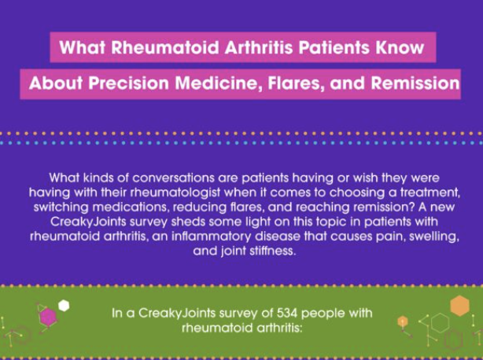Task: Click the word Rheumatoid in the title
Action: coord(165,47)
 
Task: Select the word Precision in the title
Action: coord(129,83)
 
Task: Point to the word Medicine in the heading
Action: coord(217,83)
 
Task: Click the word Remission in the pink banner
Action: coord(415,83)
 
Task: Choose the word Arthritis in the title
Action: coord(259,47)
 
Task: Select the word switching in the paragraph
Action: coord(61,207)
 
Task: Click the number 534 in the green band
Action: coord(287,313)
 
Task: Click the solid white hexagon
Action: coord(64,306)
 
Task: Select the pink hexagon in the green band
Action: coord(48,318)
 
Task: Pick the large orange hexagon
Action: coord(459,306)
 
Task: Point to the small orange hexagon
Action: coord(402,321)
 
